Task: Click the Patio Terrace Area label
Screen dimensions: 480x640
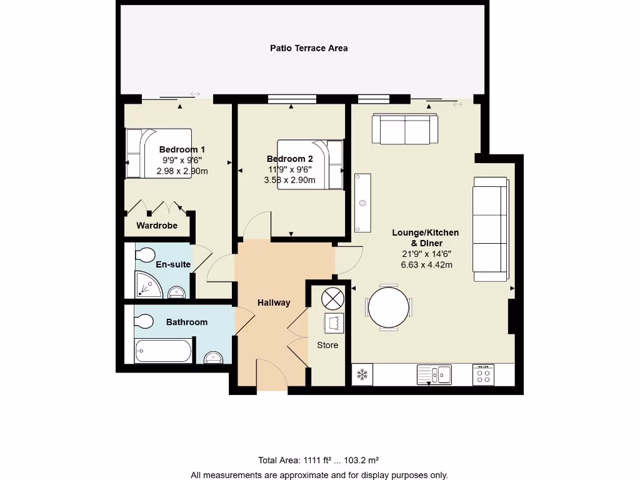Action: [309, 48]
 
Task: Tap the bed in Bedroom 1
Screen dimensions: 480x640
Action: [158, 154]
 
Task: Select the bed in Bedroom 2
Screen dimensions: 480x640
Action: [311, 164]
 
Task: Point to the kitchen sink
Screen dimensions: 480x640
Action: [434, 374]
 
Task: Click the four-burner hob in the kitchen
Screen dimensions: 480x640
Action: [483, 374]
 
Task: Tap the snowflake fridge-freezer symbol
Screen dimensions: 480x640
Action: [361, 375]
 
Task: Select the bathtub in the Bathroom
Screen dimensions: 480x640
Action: [164, 351]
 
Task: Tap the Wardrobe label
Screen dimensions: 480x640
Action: [157, 226]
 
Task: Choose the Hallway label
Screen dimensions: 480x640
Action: [274, 302]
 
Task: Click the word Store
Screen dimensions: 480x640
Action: [327, 345]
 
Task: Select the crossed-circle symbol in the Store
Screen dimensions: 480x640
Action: [331, 297]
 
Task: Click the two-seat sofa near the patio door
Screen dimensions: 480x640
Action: [405, 129]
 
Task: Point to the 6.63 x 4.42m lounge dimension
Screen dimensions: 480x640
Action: [426, 264]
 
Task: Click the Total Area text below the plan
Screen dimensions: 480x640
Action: [319, 460]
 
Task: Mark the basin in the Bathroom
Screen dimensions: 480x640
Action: [214, 357]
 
